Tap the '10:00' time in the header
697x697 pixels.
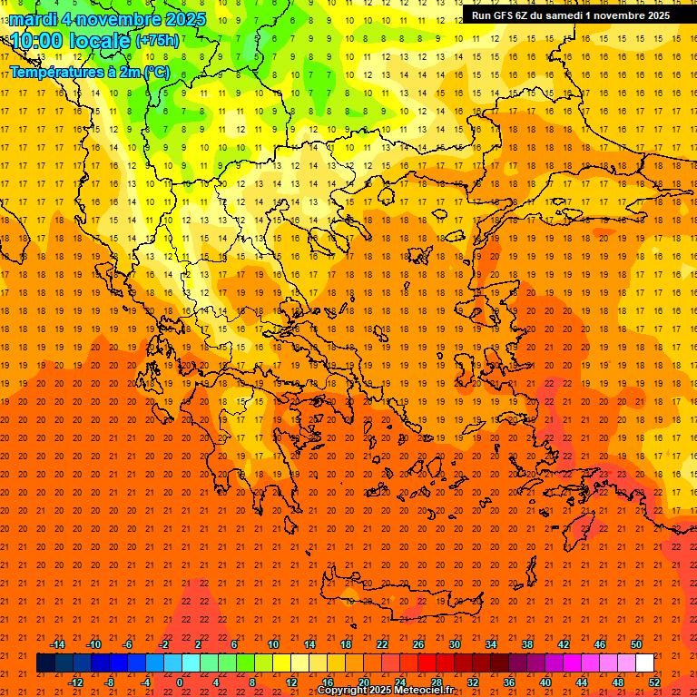click(36, 40)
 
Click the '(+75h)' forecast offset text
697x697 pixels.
click(157, 40)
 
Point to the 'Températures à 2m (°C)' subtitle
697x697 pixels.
click(89, 72)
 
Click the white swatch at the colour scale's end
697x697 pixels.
click(644, 663)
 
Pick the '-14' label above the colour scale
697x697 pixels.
click(57, 644)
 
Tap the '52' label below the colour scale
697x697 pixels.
click(654, 682)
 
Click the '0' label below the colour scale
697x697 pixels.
click(179, 682)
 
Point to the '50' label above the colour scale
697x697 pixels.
click(635, 644)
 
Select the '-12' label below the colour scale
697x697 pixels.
click(76, 682)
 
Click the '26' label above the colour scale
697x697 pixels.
click(417, 644)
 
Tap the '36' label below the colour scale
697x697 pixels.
click(509, 682)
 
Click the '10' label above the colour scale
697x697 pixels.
click(272, 644)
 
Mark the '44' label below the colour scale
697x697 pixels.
click(582, 682)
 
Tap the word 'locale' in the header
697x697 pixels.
click(99, 40)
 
